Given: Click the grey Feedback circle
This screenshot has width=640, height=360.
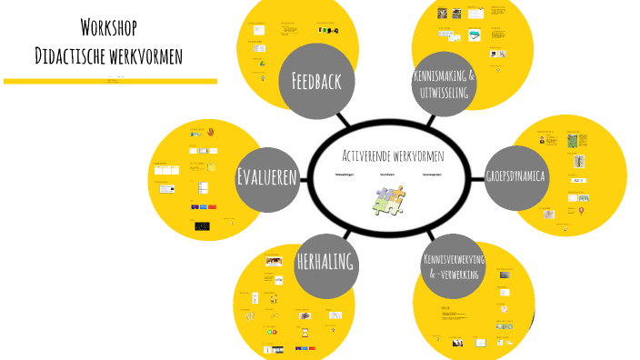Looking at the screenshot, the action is click(315, 82).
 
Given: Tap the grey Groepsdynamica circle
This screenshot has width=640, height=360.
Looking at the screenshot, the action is click(515, 176).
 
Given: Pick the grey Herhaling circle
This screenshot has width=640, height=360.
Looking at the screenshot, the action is click(325, 263).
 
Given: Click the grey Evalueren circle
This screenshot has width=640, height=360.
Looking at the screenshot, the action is click(267, 176).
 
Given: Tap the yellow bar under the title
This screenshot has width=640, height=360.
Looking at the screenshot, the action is click(109, 81).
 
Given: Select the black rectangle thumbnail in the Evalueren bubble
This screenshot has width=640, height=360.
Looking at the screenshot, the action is click(202, 225).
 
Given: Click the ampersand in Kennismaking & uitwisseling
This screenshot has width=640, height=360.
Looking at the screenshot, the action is click(471, 75).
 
